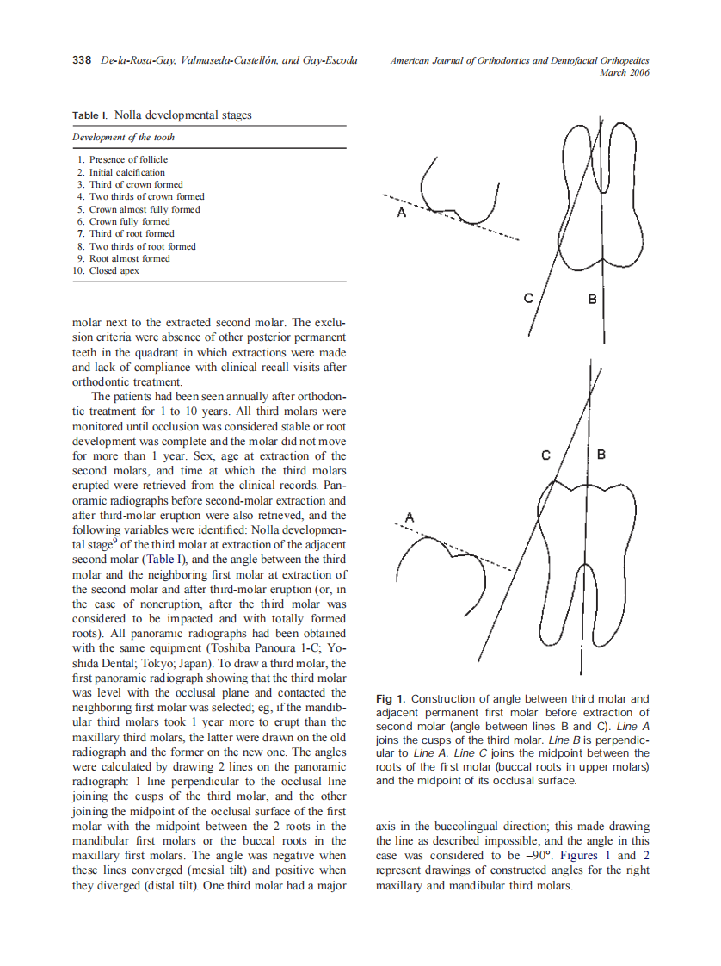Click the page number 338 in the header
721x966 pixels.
click(x=82, y=60)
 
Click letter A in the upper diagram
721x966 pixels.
click(x=401, y=213)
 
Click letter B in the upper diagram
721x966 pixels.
click(x=592, y=299)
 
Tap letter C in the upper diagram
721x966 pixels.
click(x=529, y=299)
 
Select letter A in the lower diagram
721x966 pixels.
click(x=410, y=517)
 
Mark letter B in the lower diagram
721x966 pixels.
click(x=601, y=454)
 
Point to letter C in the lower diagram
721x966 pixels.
click(x=545, y=455)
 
